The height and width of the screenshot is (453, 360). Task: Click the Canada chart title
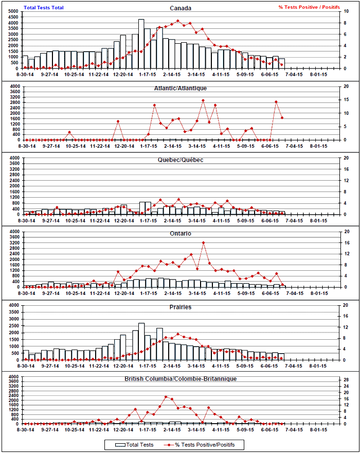coord(181,8)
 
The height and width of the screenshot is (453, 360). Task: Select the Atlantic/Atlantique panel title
coord(181,88)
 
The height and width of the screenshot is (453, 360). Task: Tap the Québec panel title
coord(181,160)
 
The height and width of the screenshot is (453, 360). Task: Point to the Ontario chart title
coord(181,233)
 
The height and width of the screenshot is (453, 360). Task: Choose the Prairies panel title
coord(181,307)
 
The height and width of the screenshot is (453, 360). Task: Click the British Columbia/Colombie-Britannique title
coord(181,379)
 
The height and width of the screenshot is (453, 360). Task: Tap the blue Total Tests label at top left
coord(44,7)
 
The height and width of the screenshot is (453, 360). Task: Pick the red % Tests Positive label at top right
coord(309,7)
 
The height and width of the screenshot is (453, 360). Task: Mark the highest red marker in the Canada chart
coord(178,21)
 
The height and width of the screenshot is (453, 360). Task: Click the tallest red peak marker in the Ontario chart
coord(204,242)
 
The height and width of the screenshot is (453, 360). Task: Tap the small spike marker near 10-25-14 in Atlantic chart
coord(69,133)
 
